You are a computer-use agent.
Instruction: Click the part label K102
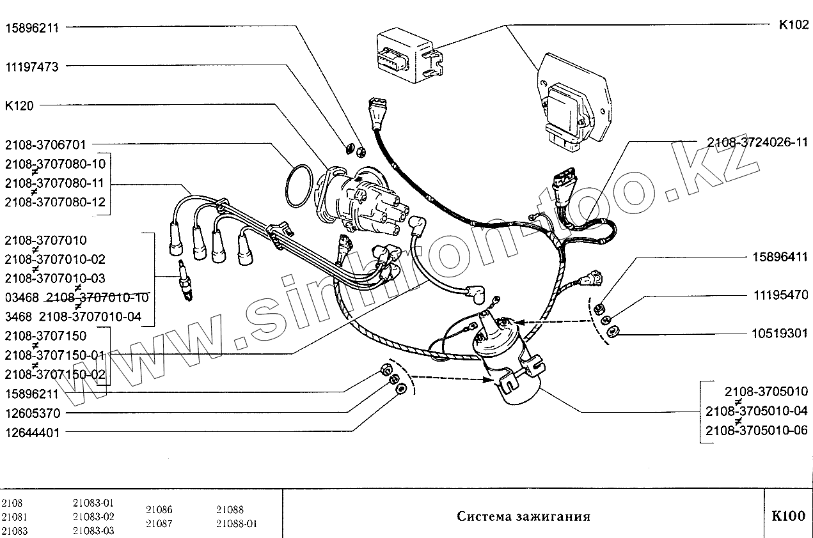(793, 26)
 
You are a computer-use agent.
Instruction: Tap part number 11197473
(32, 66)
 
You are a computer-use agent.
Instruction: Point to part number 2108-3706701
(45, 145)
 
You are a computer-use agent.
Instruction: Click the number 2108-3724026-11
(757, 142)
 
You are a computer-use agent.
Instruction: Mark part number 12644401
(32, 433)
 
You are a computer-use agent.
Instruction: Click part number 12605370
(32, 413)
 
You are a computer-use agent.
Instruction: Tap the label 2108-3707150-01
(54, 355)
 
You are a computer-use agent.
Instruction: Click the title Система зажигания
(523, 516)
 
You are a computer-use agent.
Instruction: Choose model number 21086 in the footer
(159, 510)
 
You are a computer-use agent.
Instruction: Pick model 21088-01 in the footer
(236, 524)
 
